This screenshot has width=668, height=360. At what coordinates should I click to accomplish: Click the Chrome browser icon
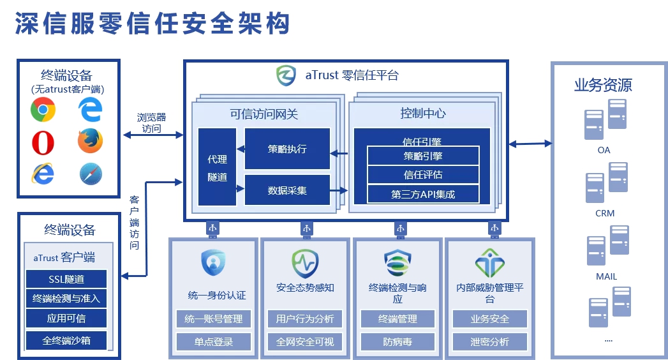43,110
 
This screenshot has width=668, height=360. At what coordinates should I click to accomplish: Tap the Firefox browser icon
90,141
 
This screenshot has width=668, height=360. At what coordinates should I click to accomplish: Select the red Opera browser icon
43,143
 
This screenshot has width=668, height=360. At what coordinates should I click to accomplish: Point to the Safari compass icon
91,174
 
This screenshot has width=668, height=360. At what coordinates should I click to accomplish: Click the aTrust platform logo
286,76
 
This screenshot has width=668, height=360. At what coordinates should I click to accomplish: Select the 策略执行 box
287,149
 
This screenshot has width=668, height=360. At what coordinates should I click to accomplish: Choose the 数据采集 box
287,190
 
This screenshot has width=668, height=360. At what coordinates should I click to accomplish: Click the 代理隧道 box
217,167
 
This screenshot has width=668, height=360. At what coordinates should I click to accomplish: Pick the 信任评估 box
423,174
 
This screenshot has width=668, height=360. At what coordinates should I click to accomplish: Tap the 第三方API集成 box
423,194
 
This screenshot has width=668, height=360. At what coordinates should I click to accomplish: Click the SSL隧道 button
66,279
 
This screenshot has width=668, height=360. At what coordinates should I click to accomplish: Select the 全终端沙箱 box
66,340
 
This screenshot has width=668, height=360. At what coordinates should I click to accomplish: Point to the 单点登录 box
214,341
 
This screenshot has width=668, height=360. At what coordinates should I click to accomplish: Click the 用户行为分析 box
305,319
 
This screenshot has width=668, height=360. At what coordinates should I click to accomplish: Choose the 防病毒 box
397,341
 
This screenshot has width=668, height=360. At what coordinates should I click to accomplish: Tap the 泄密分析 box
490,341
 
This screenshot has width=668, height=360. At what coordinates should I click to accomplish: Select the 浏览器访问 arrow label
151,123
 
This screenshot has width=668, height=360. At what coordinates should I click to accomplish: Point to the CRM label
604,213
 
